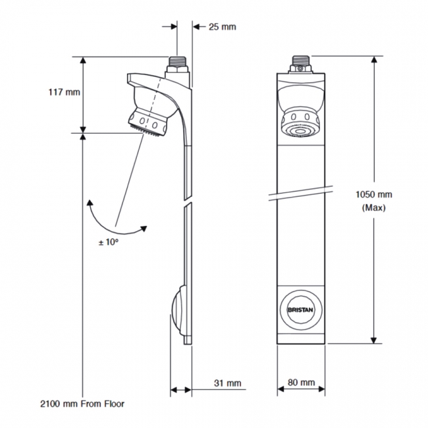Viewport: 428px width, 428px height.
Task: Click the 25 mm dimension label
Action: [222, 27]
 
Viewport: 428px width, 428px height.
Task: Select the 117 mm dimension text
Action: [64, 92]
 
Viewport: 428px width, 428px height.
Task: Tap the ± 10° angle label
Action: [109, 242]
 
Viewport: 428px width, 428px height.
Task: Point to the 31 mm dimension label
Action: [228, 383]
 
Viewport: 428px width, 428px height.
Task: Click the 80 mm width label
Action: [302, 383]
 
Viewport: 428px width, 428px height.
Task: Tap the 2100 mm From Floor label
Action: [82, 403]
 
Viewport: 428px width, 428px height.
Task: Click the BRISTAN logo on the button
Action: [302, 308]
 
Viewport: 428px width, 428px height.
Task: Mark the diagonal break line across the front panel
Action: [302, 192]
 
